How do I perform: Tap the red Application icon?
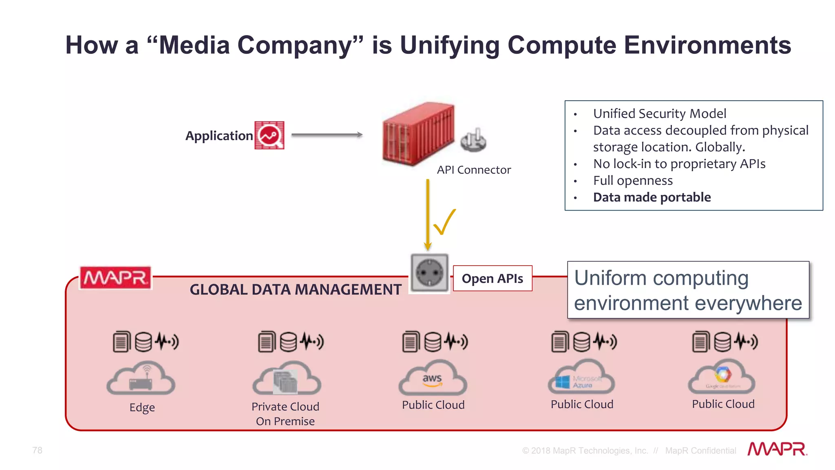click(269, 135)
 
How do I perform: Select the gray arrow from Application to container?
click(327, 135)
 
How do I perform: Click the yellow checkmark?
click(444, 222)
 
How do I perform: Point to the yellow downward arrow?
click(427, 214)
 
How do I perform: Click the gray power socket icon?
click(429, 273)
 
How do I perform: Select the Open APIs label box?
click(492, 278)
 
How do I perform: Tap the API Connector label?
click(473, 170)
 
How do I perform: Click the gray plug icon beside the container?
click(473, 140)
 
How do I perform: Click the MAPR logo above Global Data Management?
click(115, 278)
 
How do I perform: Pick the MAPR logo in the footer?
click(777, 449)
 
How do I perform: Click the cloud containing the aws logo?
click(433, 378)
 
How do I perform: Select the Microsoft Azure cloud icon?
click(581, 377)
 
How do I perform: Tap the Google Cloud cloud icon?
click(722, 377)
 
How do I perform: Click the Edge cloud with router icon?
click(141, 379)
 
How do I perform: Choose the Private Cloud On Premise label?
click(285, 414)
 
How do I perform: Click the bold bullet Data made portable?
click(652, 197)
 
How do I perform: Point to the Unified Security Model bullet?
click(659, 113)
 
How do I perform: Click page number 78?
click(37, 450)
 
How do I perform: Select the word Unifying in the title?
click(450, 45)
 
